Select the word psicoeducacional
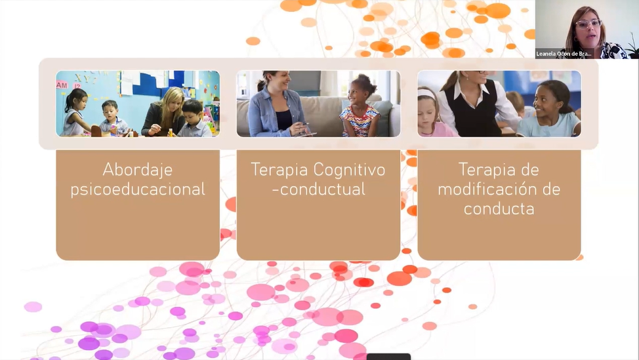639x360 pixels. (138, 190)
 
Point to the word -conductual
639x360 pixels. (318, 190)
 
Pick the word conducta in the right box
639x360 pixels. (499, 209)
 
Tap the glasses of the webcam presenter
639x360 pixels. (588, 24)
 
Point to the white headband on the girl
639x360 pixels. (426, 94)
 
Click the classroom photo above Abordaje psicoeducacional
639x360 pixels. (138, 104)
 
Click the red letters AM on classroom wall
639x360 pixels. (62, 85)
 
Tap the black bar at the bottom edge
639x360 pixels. (388, 357)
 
